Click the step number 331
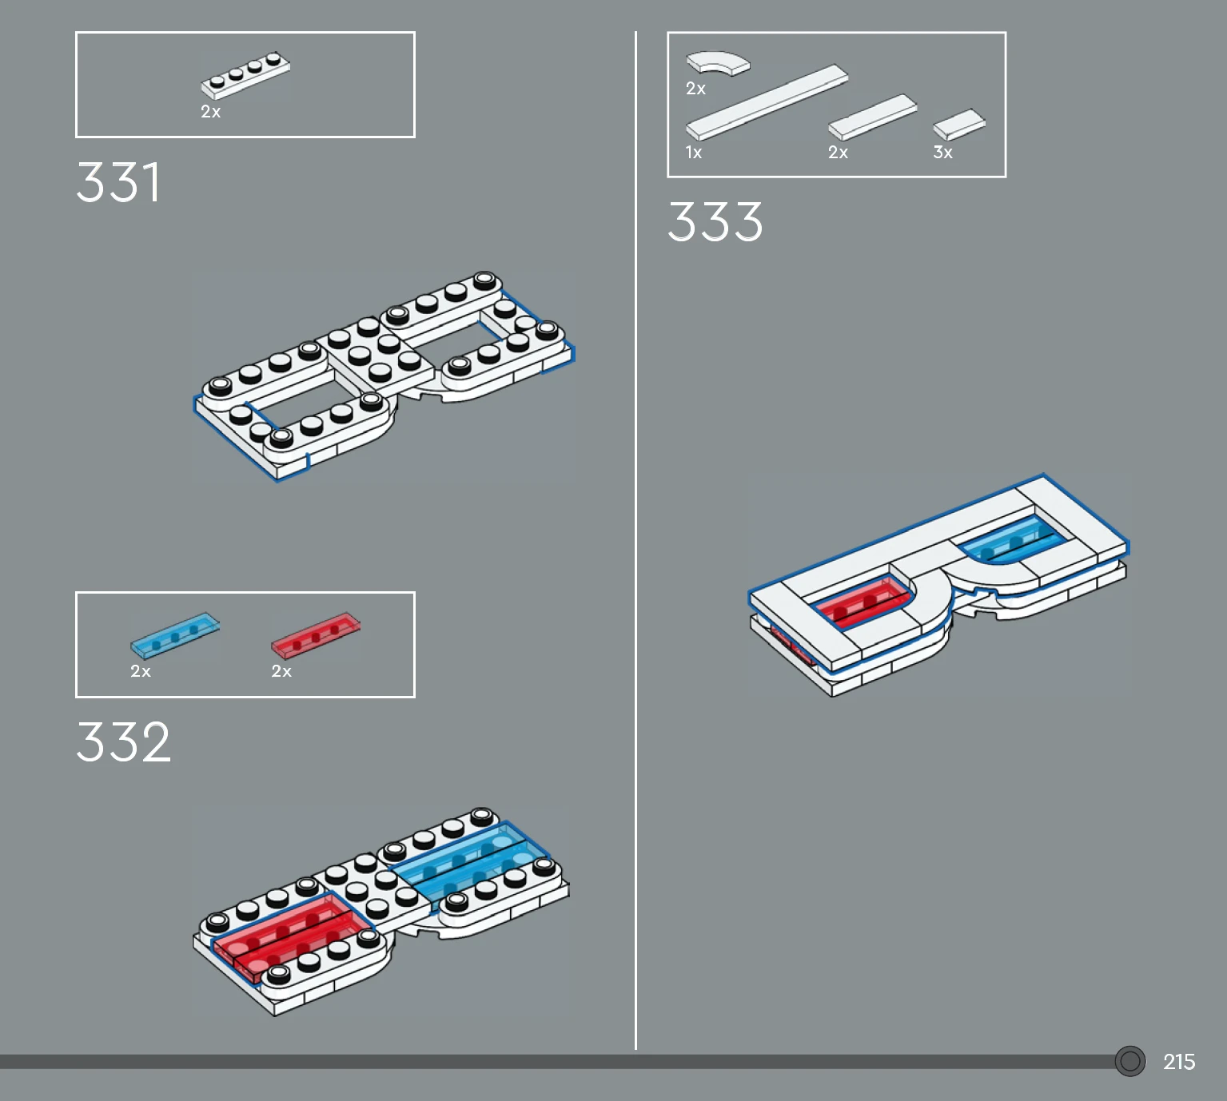click(x=118, y=182)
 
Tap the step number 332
click(x=124, y=742)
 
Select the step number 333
click(x=715, y=221)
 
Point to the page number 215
click(x=1178, y=1062)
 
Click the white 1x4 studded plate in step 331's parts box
click(x=245, y=75)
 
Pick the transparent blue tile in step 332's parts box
click(x=175, y=635)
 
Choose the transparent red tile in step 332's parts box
click(x=316, y=635)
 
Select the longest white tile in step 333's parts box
click(x=767, y=101)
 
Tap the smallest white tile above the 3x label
click(x=959, y=125)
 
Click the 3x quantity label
click(x=943, y=153)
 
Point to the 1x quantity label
click(x=694, y=153)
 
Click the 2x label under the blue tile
click(x=141, y=671)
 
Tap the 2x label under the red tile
click(x=281, y=671)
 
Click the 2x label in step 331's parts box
click(x=211, y=112)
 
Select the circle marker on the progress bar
click(x=1130, y=1061)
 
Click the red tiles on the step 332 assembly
click(x=291, y=935)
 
